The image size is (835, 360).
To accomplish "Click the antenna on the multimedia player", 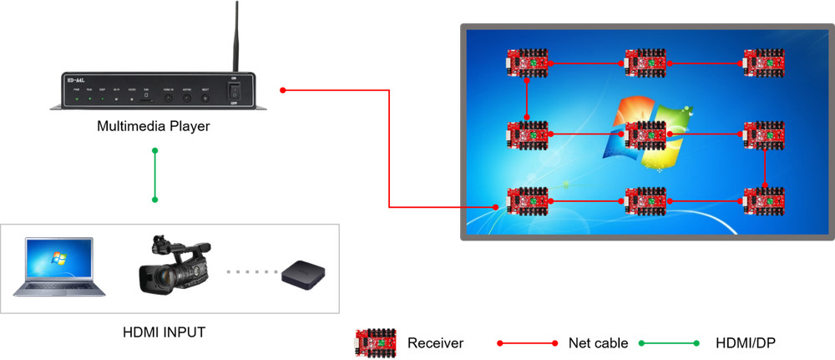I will [236, 38].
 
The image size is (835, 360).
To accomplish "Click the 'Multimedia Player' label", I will [154, 127].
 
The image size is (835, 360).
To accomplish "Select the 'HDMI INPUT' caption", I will [164, 332].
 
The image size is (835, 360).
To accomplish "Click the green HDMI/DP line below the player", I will [154, 175].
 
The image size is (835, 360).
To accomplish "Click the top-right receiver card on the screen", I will [765, 63].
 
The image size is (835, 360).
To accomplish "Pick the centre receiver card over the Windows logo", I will [646, 134].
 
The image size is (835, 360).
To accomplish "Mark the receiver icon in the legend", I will [375, 342].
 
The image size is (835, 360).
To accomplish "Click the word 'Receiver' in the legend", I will [435, 343].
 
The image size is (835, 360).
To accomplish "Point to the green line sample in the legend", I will [669, 343].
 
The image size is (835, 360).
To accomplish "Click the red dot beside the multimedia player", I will [284, 89].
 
